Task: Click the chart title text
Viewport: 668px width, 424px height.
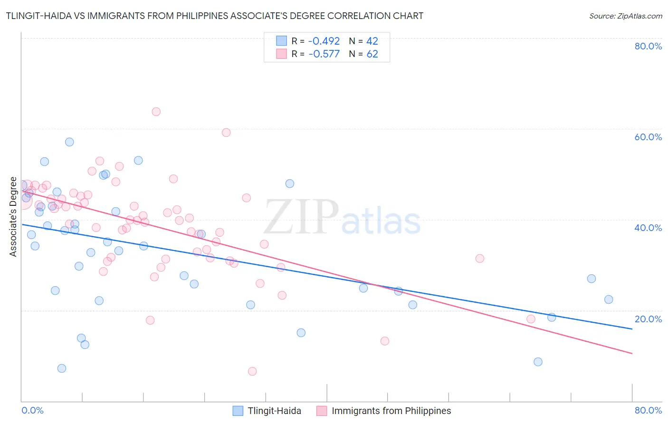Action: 214,16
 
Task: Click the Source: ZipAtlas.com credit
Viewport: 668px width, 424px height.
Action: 625,16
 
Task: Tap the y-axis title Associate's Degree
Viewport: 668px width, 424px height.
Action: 13,216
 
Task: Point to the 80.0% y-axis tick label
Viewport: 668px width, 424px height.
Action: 648,46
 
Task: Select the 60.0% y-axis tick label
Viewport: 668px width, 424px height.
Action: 648,137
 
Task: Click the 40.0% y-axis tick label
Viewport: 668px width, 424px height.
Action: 648,228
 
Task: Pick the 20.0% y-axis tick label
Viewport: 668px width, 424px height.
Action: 648,319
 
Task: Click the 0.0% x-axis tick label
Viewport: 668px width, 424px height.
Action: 32,410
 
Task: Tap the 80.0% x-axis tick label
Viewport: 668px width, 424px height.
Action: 648,410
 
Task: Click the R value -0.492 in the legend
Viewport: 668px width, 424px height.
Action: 324,41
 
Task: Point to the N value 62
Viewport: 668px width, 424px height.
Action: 372,54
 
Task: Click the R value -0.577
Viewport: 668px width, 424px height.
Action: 324,54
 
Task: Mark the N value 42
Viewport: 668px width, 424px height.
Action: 372,41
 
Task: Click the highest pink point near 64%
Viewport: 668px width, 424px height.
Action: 156,112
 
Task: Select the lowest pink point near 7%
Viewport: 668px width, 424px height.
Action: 252,371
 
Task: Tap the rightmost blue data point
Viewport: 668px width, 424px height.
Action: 609,299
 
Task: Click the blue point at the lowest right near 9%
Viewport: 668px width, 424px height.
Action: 538,362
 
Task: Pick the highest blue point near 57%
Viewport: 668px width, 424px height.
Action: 69,142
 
